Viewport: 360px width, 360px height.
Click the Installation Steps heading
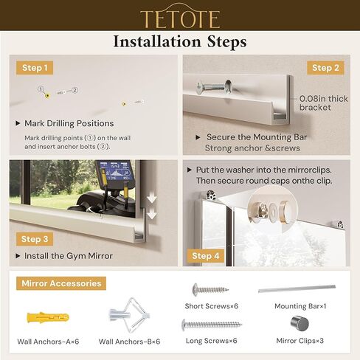[180, 42]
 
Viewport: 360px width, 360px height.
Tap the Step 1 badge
[35, 68]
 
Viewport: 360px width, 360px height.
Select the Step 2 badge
[322, 68]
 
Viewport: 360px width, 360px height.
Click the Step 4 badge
[206, 256]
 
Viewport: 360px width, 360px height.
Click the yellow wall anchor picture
[47, 318]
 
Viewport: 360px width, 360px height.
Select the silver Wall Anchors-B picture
[129, 319]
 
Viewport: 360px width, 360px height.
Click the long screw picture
[211, 324]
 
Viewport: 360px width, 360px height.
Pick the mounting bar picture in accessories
[297, 289]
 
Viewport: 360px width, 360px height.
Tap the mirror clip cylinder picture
[300, 323]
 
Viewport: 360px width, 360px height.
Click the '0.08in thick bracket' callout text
[325, 103]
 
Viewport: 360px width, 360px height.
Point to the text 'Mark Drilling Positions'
[69, 123]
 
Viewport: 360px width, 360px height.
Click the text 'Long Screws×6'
[211, 341]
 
